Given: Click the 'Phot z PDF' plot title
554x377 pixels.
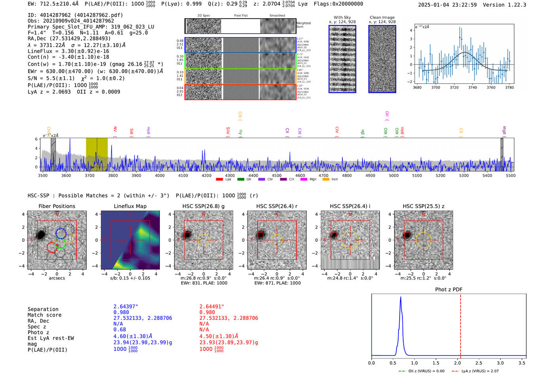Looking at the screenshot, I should [448, 290].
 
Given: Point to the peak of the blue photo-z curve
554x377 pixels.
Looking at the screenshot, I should [401, 297].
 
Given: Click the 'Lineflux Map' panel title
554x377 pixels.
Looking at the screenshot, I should [130, 206].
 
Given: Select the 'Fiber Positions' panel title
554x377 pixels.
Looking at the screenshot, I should [57, 206].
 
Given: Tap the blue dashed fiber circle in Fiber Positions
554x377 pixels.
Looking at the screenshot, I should [61, 233].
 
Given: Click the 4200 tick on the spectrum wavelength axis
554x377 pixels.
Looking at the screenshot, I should [207, 175].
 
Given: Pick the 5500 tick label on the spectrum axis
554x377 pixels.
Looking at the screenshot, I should [510, 175].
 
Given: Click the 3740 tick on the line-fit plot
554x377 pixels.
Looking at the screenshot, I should [472, 87].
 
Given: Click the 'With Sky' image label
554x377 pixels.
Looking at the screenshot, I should [342, 17].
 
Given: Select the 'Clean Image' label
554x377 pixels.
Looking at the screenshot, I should [382, 17].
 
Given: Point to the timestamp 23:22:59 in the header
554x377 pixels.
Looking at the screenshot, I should [464, 5].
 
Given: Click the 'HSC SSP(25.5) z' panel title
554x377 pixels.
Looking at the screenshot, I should [423, 206].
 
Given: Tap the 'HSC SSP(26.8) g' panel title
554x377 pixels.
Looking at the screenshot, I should [203, 206].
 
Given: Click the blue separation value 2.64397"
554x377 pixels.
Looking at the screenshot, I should [126, 307].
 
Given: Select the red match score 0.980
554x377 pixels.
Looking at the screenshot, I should [207, 312].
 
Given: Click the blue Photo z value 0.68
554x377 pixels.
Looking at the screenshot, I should [120, 330].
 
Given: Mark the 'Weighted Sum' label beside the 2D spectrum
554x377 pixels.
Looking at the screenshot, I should [304, 25].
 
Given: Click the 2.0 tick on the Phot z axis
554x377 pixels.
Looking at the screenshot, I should [457, 363].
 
